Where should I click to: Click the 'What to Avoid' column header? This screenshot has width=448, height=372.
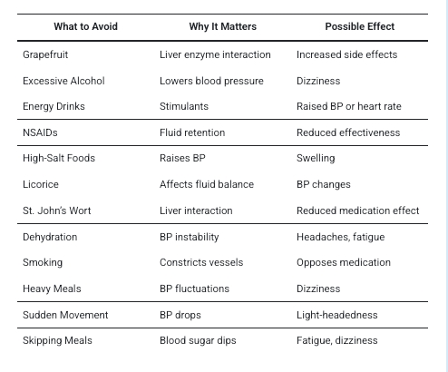(x=84, y=26)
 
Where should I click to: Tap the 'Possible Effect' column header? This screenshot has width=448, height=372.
(x=360, y=26)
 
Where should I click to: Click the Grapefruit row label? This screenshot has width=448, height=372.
(x=45, y=54)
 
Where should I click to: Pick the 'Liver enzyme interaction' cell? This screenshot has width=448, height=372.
(x=215, y=54)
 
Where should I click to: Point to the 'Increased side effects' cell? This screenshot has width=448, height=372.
(x=346, y=54)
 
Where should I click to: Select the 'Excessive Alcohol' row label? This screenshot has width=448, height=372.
(x=63, y=81)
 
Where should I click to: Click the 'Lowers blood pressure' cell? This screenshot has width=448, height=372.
(x=211, y=81)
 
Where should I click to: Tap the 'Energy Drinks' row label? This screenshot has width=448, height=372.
(x=54, y=106)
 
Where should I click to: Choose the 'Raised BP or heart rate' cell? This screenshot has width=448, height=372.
(x=348, y=106)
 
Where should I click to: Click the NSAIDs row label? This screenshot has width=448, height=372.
(x=40, y=132)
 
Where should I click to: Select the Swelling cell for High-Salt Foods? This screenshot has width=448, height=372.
(x=316, y=158)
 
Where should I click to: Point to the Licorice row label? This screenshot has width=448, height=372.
(x=41, y=184)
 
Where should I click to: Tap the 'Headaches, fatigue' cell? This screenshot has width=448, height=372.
(x=340, y=237)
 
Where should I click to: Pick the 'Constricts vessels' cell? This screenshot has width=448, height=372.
(x=199, y=262)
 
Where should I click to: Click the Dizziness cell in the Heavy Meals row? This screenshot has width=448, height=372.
(x=318, y=289)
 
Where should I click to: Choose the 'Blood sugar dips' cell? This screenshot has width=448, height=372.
(x=198, y=340)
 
